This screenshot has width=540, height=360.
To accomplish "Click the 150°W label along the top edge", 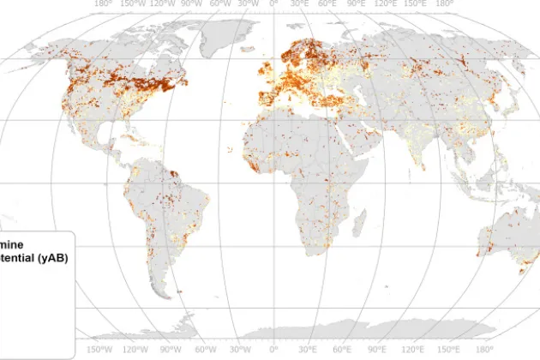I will point(133,3).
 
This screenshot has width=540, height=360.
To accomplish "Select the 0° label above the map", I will point(273,3).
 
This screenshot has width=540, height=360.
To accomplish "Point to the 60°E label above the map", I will point(328,3).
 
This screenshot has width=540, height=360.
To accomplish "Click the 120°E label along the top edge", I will point(387,3).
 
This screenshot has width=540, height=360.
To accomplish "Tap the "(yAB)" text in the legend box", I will point(51,258).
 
